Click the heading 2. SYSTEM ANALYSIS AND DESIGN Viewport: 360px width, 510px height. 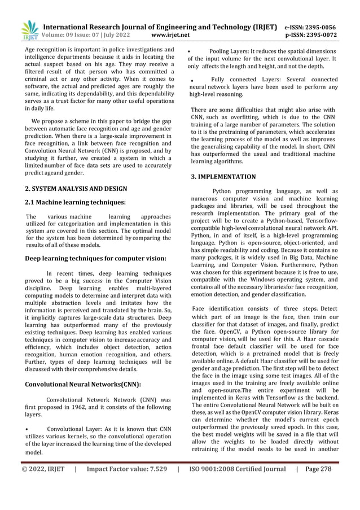(76, 188)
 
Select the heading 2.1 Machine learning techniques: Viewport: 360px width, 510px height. (75, 202)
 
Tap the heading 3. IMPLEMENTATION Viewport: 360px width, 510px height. (223, 177)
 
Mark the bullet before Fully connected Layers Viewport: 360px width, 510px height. (194, 81)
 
